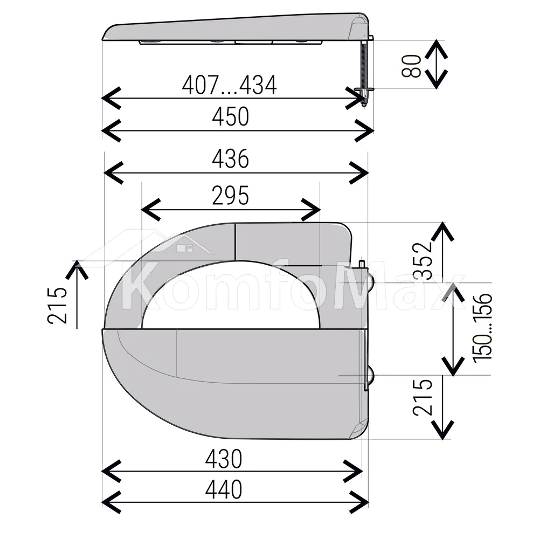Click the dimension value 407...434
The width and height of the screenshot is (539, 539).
(x=229, y=85)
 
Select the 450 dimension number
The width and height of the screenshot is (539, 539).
(x=230, y=117)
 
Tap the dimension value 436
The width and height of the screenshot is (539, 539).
(x=230, y=159)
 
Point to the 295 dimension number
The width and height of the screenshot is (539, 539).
(x=230, y=196)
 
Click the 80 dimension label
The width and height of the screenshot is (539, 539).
(x=411, y=66)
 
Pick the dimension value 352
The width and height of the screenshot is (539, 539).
(x=422, y=260)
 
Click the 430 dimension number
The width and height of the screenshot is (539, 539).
(x=224, y=459)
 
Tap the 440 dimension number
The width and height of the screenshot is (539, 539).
(x=224, y=489)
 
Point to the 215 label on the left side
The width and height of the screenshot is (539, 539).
(x=57, y=305)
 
